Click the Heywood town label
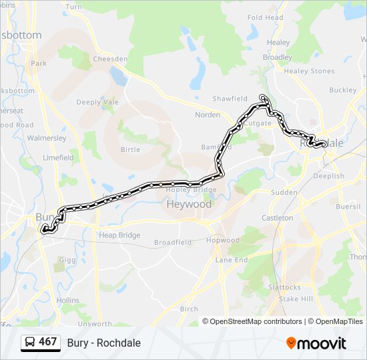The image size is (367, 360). pos(189,204)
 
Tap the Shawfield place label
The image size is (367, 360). pos(230,99)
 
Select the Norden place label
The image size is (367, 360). pos(207,115)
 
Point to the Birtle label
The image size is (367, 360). pos(130,150)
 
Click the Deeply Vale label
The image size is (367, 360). pos(97,102)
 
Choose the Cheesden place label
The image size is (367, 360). pos(110,59)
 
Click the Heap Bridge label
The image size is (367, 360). pos(119,235)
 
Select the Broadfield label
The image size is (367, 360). pos(173,242)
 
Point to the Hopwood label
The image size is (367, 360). pos(223,240)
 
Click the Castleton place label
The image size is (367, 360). pos(277,218)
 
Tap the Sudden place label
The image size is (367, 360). pos(284,192)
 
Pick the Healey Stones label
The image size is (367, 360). pos(309,71)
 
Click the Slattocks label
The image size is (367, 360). pos(284,287)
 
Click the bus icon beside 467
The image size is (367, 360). pos(30,343)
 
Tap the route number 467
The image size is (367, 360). pos(48,342)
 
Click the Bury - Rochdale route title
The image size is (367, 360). pos(104,343)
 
